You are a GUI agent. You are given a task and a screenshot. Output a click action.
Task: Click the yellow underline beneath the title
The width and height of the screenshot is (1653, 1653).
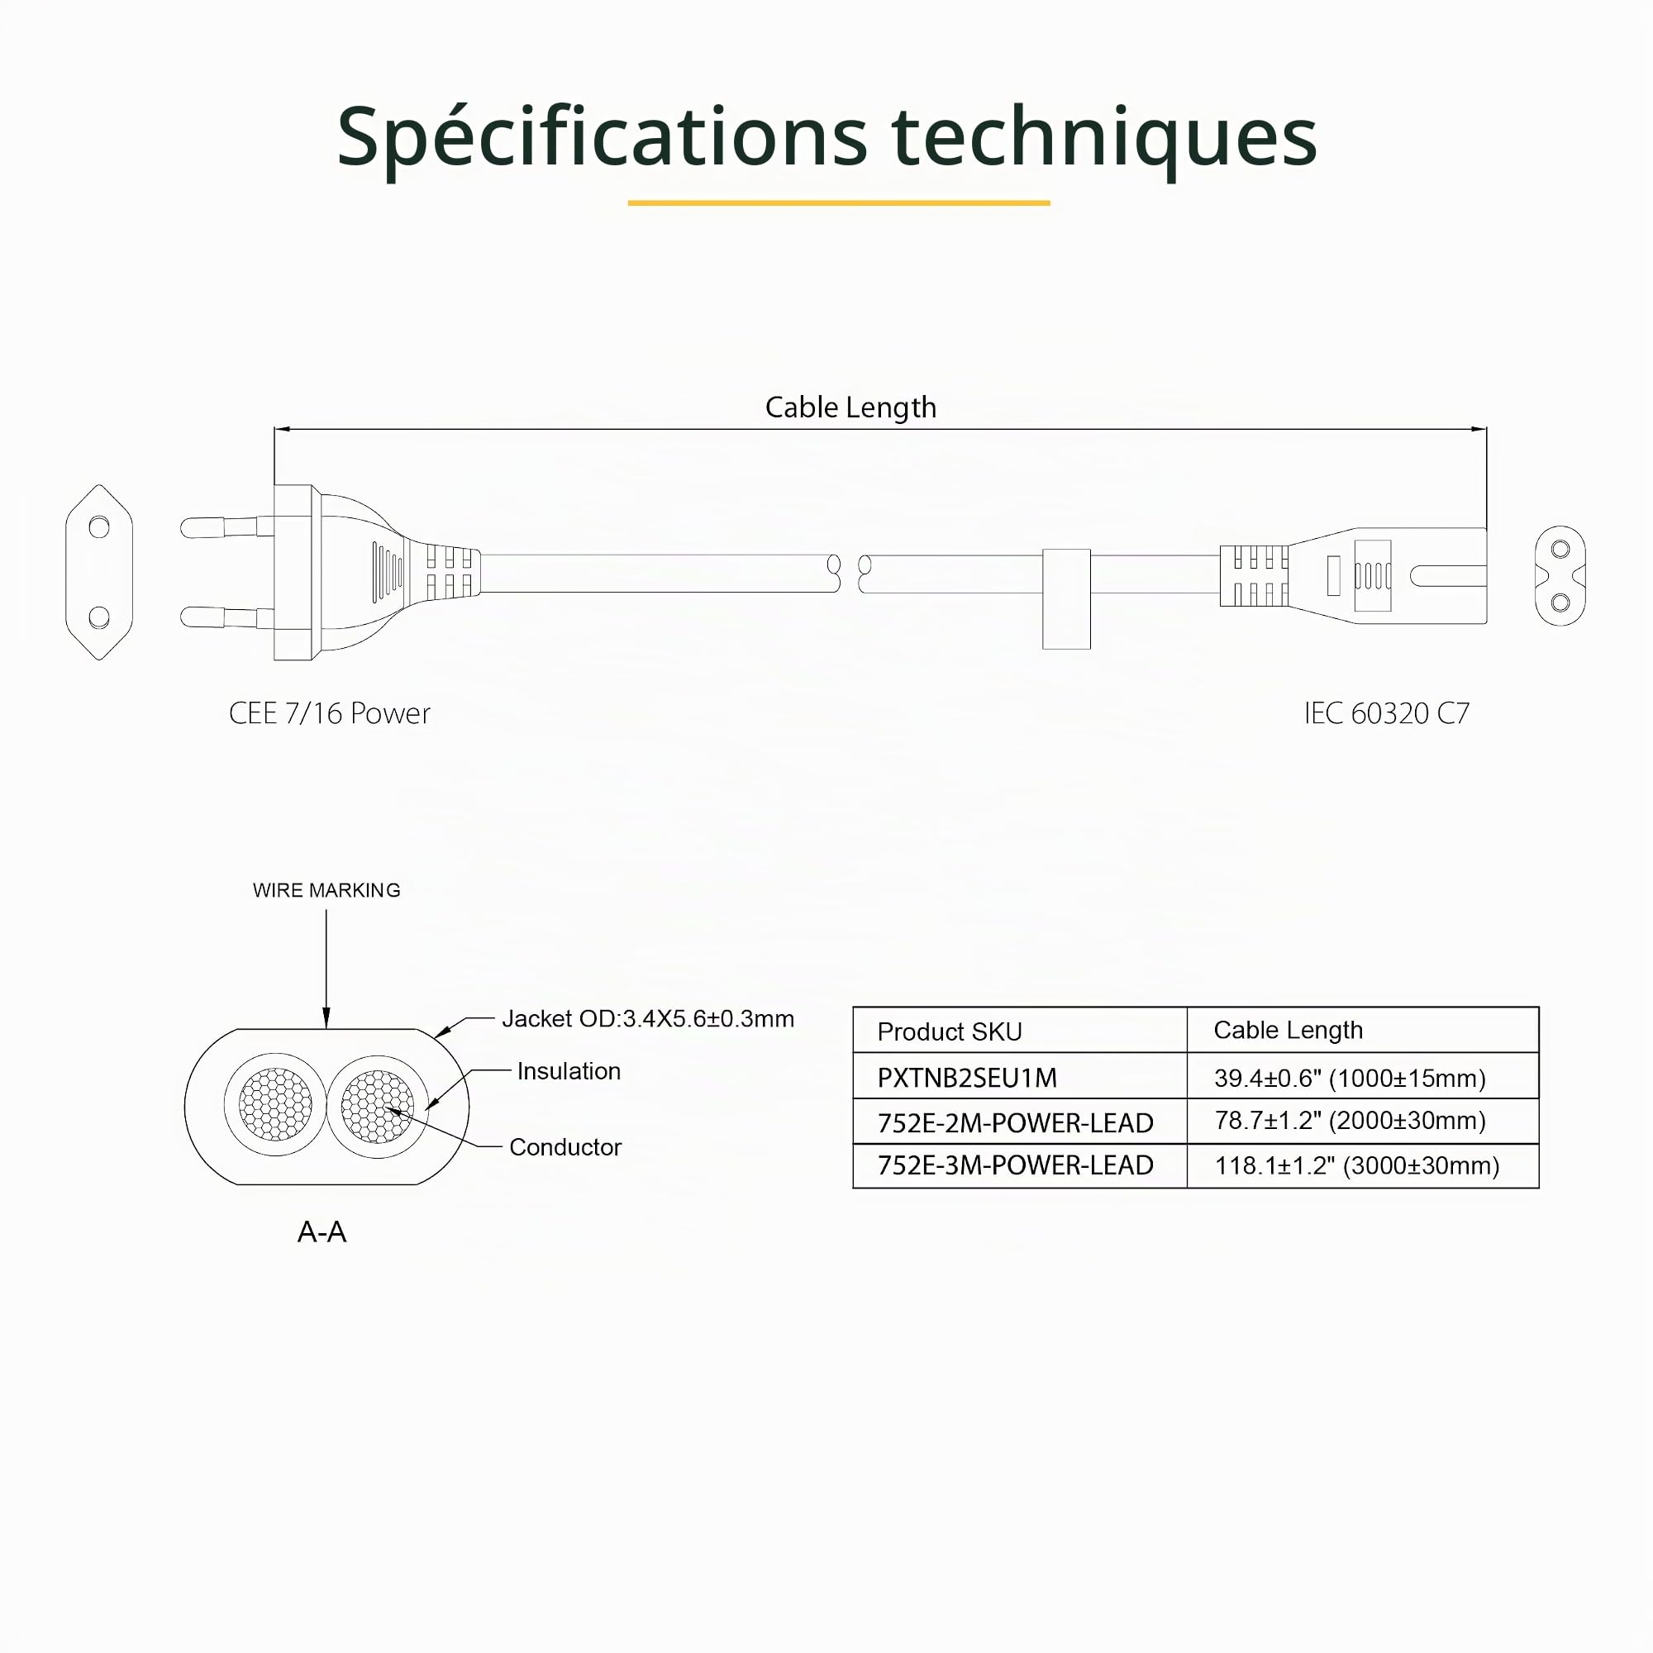coord(838,202)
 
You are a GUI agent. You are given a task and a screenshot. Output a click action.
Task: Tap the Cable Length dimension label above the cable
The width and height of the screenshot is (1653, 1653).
coord(850,408)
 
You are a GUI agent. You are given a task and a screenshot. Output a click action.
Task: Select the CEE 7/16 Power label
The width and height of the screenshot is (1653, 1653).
coord(330,713)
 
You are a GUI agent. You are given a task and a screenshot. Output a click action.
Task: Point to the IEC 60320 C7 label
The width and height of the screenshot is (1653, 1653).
coord(1386,713)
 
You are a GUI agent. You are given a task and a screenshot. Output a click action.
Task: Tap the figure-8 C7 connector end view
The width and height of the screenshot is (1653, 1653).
coord(1560,576)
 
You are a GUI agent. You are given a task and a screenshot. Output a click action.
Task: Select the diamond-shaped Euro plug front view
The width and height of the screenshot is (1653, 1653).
coord(99,573)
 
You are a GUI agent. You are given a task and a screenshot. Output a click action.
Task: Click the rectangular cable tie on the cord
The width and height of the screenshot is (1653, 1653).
coord(1066,599)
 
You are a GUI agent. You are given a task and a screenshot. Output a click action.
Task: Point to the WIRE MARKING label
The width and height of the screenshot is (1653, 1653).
coord(326,891)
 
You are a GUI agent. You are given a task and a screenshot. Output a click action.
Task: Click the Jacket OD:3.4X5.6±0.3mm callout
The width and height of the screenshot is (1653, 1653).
coord(648,1019)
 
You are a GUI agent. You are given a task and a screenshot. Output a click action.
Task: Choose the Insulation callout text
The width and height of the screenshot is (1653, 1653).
coord(569,1071)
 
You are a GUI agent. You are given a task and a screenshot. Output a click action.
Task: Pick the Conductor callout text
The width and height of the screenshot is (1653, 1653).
coord(564,1147)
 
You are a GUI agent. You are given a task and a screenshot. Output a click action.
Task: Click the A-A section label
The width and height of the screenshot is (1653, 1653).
coord(322,1232)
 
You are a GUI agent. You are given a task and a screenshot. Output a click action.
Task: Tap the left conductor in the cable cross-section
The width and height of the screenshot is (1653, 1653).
coord(275,1104)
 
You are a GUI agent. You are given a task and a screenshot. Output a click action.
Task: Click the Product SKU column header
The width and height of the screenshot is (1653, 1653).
coord(950,1031)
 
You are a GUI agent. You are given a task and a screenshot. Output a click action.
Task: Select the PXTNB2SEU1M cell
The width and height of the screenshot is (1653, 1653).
coord(967,1078)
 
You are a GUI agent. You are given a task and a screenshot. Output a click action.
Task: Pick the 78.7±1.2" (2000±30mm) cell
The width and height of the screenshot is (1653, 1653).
coord(1351,1121)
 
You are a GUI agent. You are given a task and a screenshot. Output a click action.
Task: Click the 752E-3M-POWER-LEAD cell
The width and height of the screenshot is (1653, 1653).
coord(1016,1165)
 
